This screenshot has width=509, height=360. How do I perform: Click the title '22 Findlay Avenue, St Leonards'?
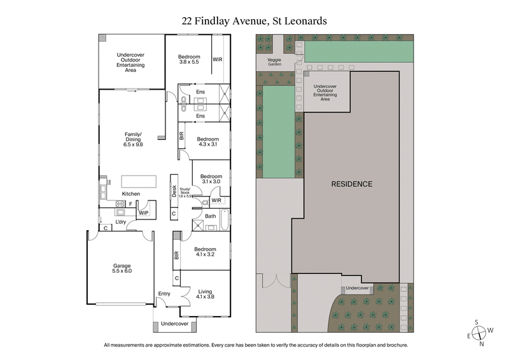pyautogui.click(x=254, y=20)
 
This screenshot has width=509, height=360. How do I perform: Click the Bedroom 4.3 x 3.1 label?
pyautogui.click(x=207, y=142)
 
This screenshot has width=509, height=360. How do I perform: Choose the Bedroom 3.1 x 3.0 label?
pyautogui.click(x=211, y=179)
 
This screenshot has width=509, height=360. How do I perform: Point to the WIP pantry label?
pyautogui.click(x=144, y=212)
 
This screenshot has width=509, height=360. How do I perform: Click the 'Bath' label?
pyautogui.click(x=210, y=216)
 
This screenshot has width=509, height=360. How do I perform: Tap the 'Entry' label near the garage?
pyautogui.click(x=165, y=293)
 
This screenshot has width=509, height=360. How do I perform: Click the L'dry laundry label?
pyautogui.click(x=121, y=221)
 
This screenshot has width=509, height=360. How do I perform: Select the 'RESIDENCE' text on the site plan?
pyautogui.click(x=351, y=184)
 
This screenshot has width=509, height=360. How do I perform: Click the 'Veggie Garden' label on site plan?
pyautogui.click(x=274, y=62)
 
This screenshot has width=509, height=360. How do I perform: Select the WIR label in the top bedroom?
pyautogui.click(x=218, y=60)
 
